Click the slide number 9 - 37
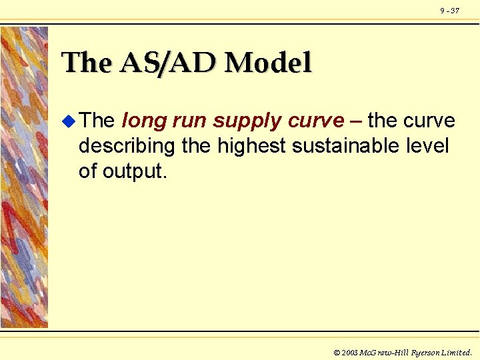[449, 11]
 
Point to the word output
[137, 171]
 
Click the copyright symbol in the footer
[337, 352]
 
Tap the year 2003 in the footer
[349, 352]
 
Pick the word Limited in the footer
[456, 352]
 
